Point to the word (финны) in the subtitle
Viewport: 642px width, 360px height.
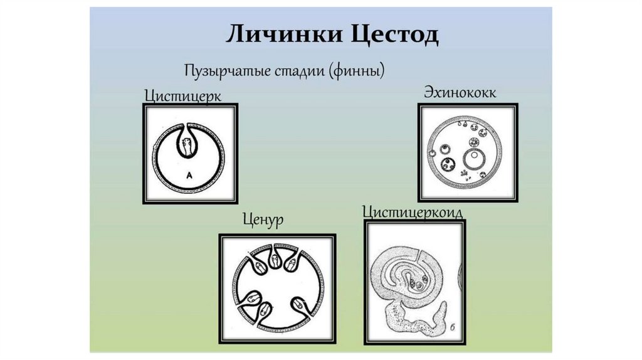coord(354,70)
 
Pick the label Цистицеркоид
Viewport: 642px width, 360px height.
coord(413,212)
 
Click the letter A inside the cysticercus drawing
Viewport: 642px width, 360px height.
coord(188,177)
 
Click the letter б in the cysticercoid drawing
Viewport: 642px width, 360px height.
coord(453,328)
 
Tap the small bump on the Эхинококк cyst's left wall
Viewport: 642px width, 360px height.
coord(431,153)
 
